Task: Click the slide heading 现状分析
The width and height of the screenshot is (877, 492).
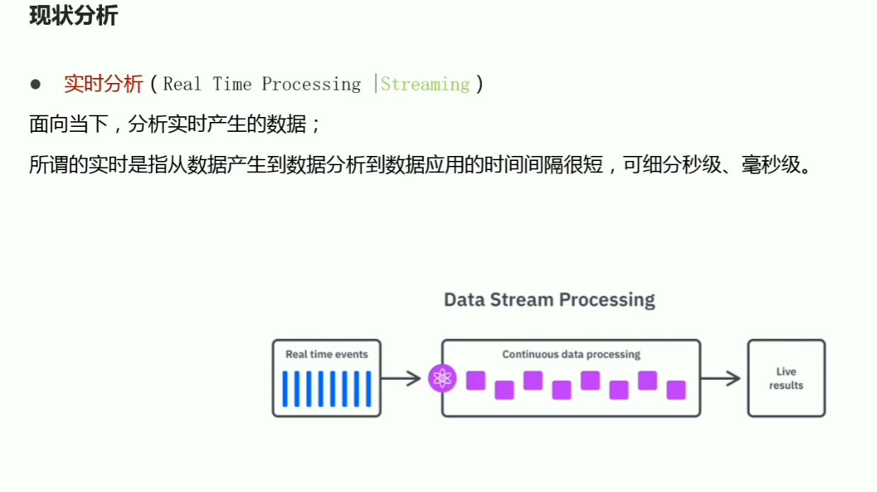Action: point(73,16)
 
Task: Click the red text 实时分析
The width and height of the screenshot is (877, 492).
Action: point(104,84)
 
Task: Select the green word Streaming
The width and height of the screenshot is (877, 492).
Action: point(425,84)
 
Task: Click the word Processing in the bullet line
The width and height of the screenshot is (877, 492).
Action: point(311,84)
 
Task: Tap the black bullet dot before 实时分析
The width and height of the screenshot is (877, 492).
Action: point(36,84)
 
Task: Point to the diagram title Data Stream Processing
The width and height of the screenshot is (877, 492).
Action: point(549,299)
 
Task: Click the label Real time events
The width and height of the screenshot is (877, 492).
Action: point(327,354)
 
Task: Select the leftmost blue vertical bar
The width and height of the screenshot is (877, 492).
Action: point(286,388)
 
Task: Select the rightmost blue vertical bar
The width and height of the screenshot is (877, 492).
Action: point(368,388)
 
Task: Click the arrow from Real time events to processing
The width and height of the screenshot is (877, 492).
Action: point(401,378)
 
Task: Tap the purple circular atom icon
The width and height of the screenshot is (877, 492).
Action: point(443,379)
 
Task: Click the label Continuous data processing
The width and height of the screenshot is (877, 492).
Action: point(571,354)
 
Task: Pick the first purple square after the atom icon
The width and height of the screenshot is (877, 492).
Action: point(476,381)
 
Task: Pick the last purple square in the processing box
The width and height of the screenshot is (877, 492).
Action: point(676,390)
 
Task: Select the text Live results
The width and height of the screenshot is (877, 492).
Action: point(786,379)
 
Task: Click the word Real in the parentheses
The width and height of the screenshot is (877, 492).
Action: point(182,84)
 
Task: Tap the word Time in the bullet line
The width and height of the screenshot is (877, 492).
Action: point(232,84)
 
